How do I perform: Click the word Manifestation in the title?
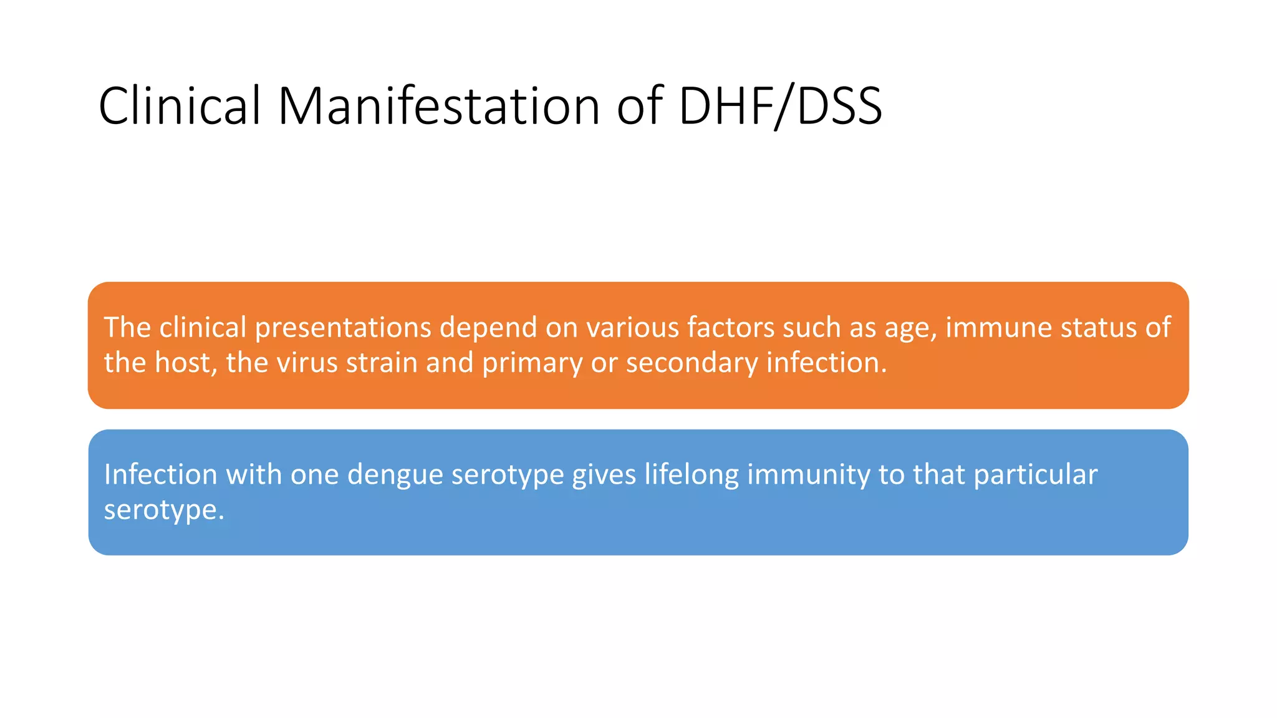[438, 106]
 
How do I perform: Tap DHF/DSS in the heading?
[780, 106]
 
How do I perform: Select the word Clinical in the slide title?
[180, 106]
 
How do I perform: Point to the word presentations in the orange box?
[343, 328]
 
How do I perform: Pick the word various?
[632, 328]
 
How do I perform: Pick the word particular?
[1035, 476]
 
